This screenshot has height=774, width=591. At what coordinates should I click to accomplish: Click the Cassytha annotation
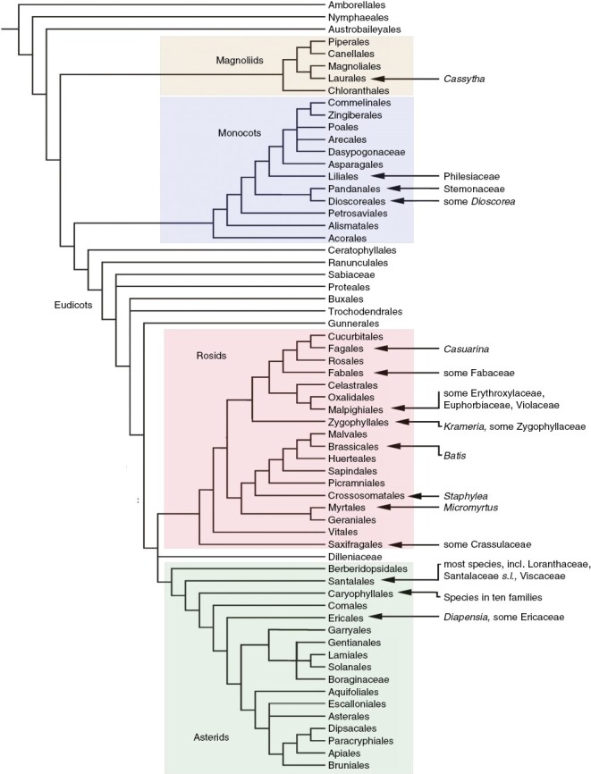pos(463,79)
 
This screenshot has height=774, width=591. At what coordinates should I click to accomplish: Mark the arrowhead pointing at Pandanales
pos(390,189)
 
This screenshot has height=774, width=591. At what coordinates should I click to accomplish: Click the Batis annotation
pos(455,456)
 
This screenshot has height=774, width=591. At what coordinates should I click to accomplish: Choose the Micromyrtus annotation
pos(471,508)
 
